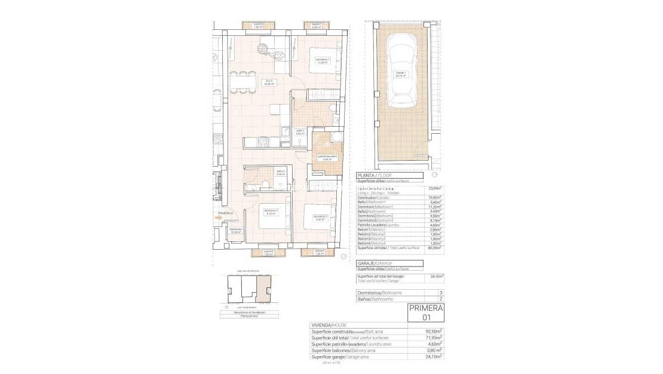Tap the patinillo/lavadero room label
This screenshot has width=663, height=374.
[327, 158]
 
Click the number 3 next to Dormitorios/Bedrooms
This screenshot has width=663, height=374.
[440, 293]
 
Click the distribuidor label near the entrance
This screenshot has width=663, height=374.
[236, 230]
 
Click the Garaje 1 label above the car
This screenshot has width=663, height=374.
[400, 75]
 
